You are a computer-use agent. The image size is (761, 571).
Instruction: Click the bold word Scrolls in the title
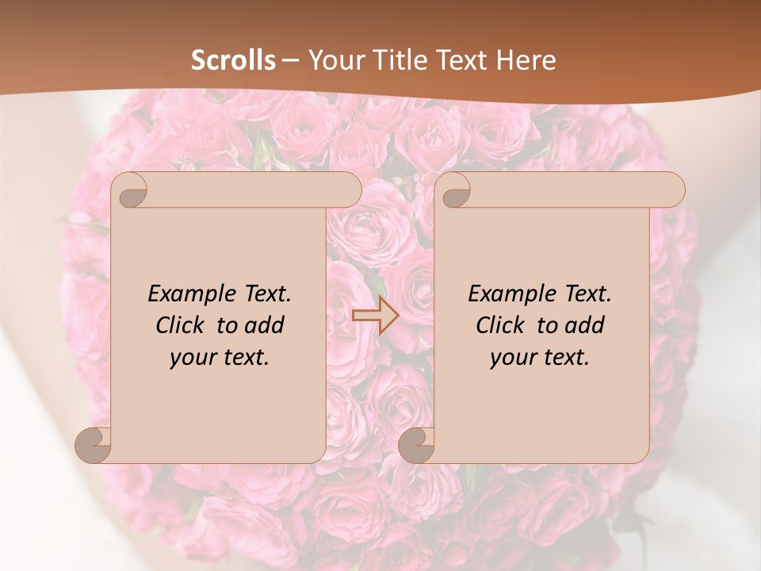(x=234, y=60)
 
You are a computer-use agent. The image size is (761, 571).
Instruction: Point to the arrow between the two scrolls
(x=375, y=316)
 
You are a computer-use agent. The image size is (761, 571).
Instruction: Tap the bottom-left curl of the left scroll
(x=94, y=445)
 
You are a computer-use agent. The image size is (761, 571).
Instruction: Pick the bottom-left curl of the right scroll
(x=416, y=445)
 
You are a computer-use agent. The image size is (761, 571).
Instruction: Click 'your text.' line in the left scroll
(x=220, y=358)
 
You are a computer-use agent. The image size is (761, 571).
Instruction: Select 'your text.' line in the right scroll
(x=540, y=358)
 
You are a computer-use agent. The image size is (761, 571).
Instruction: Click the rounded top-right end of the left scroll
(x=349, y=190)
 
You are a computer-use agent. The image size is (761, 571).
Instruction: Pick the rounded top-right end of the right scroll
(x=672, y=190)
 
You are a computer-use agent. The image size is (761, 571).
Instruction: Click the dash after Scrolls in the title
(x=290, y=60)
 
